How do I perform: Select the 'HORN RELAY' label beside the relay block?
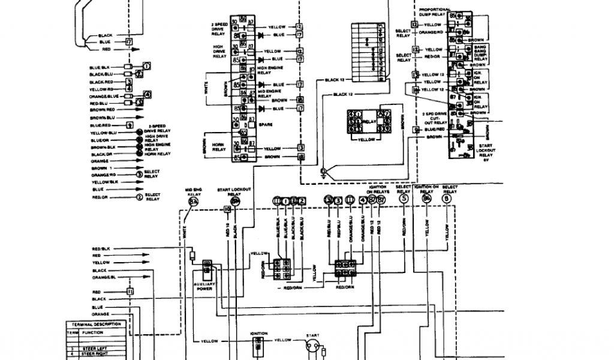pyautogui.click(x=219, y=146)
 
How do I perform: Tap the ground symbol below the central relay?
pyautogui.click(x=323, y=173)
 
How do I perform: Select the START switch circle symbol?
pyautogui.click(x=312, y=347)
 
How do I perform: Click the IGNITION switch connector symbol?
pyautogui.click(x=258, y=344)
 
